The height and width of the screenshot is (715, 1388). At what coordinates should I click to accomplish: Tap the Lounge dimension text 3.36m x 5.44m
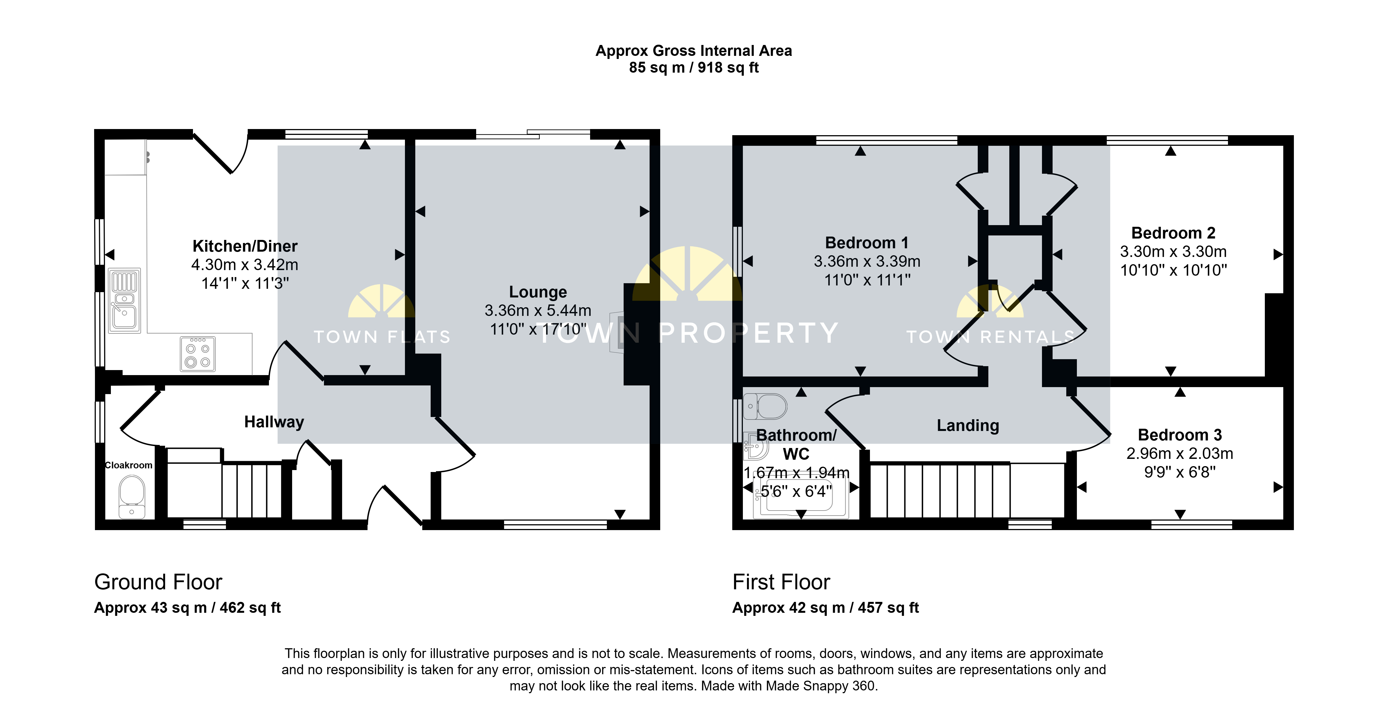(x=538, y=310)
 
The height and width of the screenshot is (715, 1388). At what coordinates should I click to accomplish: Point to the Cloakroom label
(x=128, y=465)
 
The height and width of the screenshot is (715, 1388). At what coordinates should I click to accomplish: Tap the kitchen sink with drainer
(x=125, y=301)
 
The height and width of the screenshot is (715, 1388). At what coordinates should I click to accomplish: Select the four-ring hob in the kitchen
(x=198, y=354)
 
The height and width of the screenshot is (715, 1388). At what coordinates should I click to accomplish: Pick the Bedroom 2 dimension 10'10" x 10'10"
(x=1174, y=270)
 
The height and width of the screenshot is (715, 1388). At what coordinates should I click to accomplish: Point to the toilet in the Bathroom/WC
(x=765, y=406)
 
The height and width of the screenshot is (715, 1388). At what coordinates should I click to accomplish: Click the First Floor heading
(x=781, y=582)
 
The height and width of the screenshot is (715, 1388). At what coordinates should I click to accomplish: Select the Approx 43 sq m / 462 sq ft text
(x=187, y=608)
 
